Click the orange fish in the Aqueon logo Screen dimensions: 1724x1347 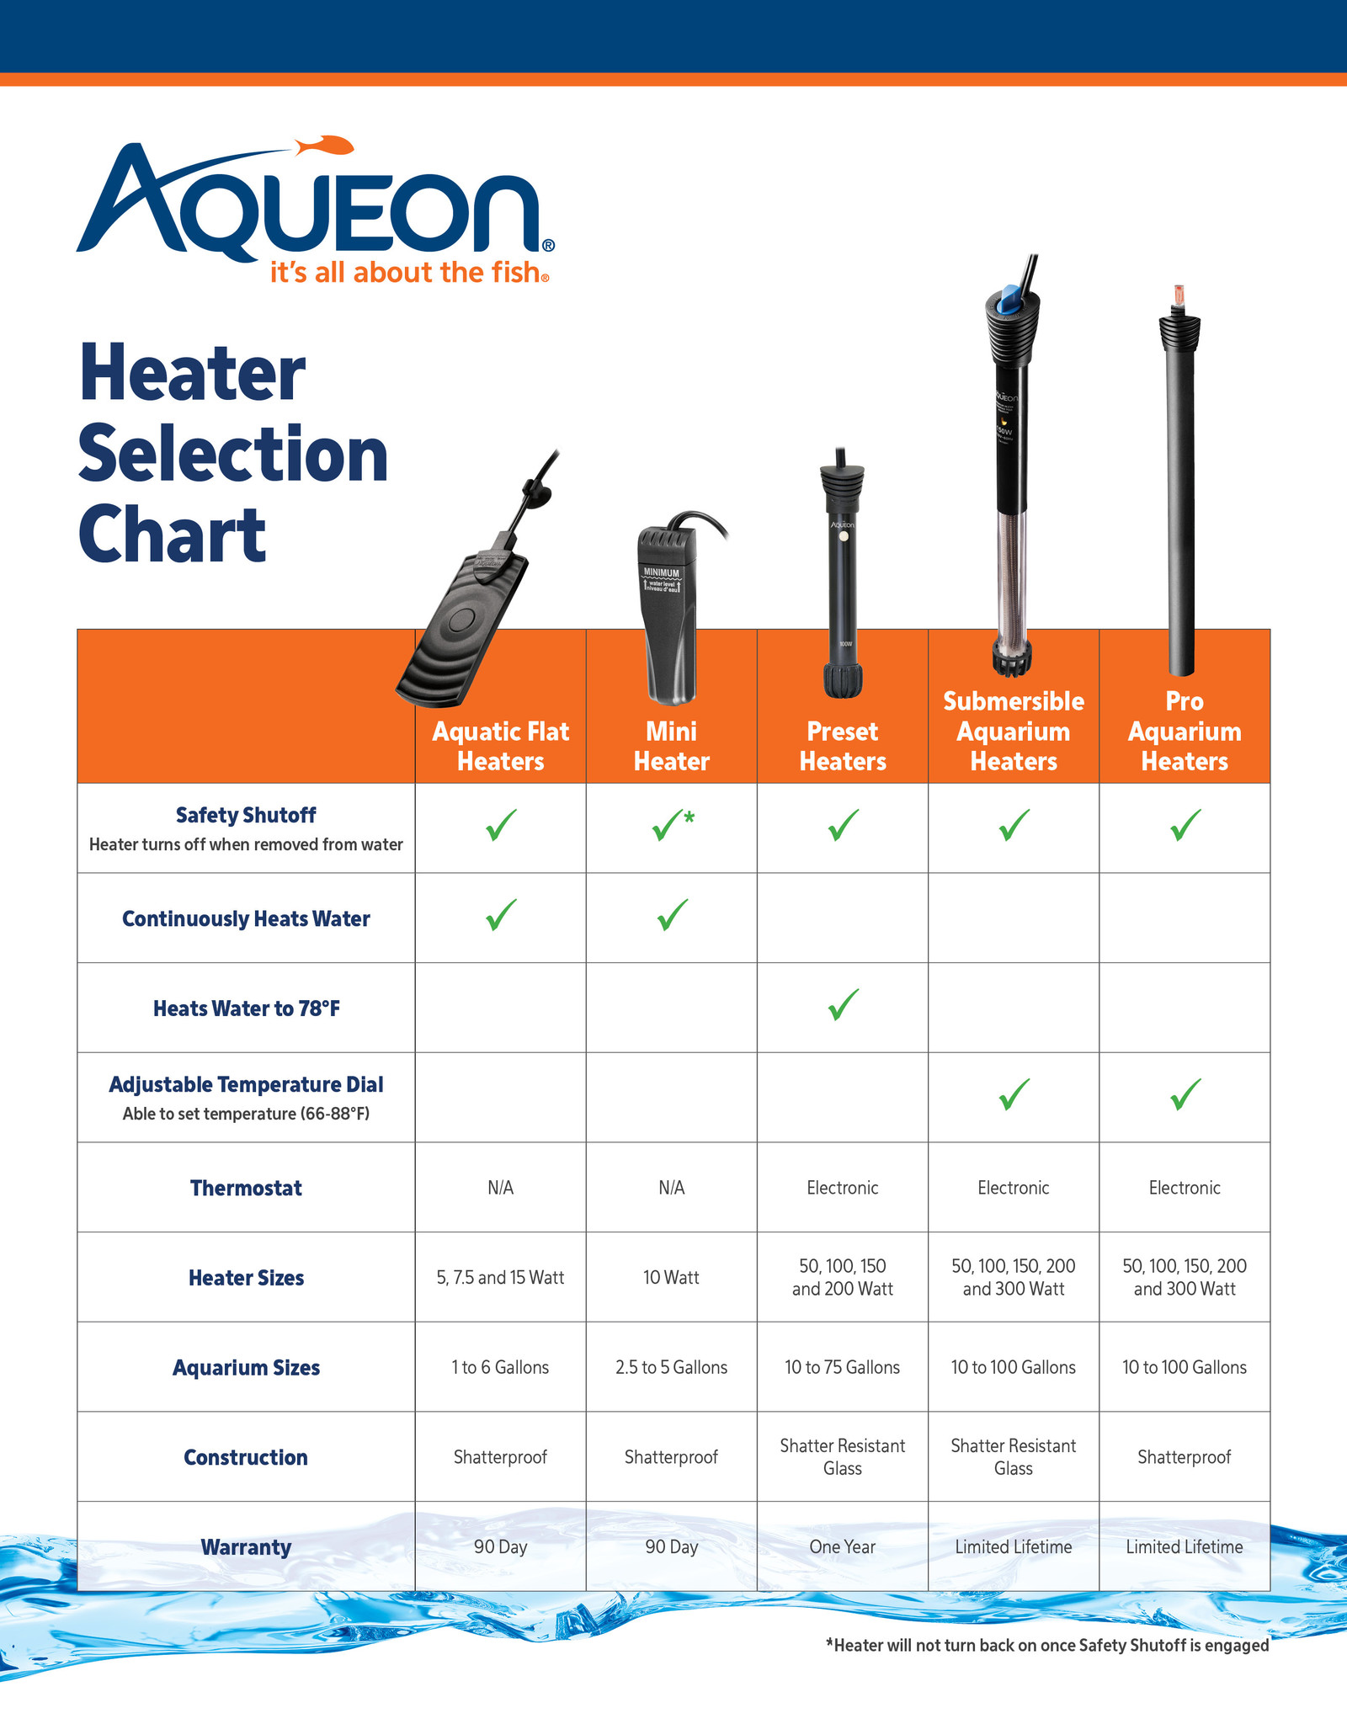click(x=327, y=145)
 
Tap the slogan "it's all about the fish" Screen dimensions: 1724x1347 click(x=408, y=273)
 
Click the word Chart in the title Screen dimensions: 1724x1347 click(x=173, y=535)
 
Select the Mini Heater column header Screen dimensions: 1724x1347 click(x=671, y=746)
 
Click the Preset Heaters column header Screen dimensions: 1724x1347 click(x=842, y=746)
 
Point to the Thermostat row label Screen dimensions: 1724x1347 click(x=246, y=1188)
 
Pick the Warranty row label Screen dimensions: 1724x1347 click(x=246, y=1547)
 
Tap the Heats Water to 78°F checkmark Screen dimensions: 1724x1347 click(x=843, y=1005)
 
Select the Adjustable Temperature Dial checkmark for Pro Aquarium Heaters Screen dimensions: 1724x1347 click(x=1185, y=1094)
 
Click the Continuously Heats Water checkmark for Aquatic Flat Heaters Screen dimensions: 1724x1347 click(x=501, y=915)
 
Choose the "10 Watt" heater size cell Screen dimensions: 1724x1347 click(x=671, y=1278)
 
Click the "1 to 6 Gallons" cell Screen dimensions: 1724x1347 click(x=500, y=1367)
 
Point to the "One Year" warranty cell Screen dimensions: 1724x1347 click(x=842, y=1547)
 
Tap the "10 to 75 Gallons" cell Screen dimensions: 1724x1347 click(x=842, y=1367)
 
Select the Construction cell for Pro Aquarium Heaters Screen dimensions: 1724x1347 click(x=1184, y=1457)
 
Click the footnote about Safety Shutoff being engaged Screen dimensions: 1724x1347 click(x=1047, y=1645)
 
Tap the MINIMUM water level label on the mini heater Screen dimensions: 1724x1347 click(x=661, y=573)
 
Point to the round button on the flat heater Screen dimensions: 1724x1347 click(x=462, y=620)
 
